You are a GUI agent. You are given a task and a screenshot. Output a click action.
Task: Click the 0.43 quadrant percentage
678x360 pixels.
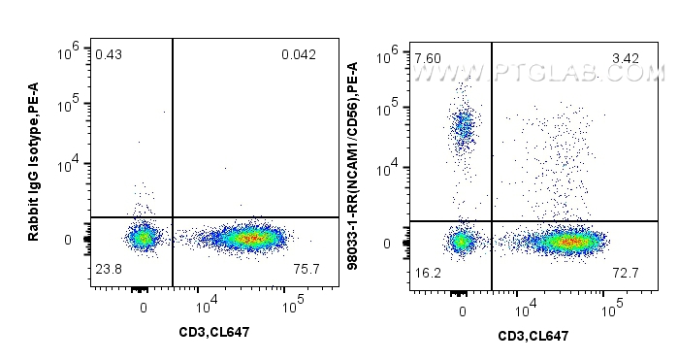pos(108,54)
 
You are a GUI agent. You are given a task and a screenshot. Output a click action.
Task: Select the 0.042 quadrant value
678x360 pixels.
pos(298,54)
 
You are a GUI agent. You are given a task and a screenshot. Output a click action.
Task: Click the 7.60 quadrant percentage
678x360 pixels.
pos(427,58)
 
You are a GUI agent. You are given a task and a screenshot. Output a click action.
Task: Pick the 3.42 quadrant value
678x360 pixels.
pos(626,58)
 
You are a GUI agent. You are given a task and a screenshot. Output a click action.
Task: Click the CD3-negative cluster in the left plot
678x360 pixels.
pos(144,237)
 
